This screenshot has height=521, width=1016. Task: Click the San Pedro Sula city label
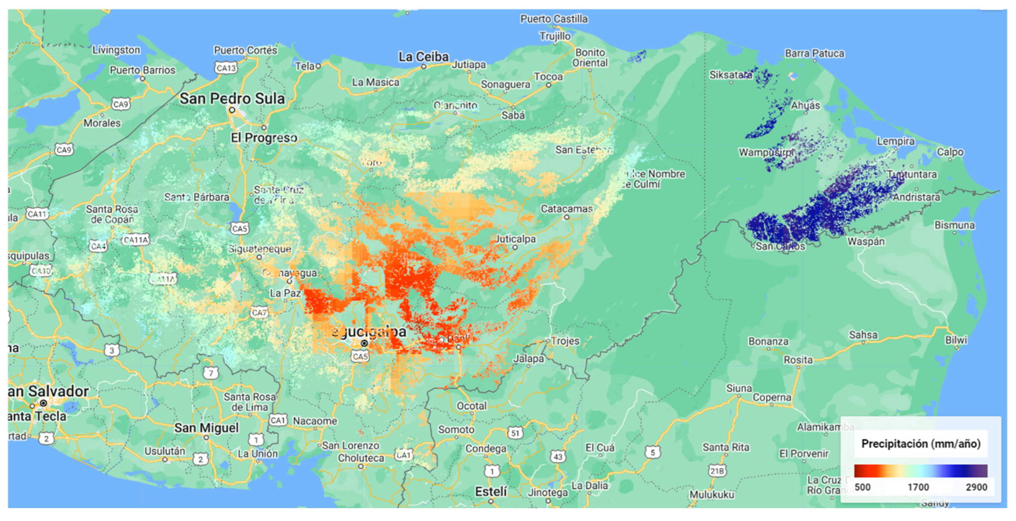(232, 98)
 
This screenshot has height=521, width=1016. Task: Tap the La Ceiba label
(423, 57)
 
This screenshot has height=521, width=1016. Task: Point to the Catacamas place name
(566, 208)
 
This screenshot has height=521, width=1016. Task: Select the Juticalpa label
(515, 239)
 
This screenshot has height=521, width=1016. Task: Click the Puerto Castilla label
(554, 19)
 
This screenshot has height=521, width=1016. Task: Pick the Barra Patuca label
(814, 53)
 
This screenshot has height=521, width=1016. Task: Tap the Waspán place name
(866, 241)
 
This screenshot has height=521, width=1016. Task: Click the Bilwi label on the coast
(956, 340)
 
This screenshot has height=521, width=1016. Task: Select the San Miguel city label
(207, 427)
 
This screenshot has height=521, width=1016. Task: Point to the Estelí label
(490, 491)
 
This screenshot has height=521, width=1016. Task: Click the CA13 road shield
(226, 68)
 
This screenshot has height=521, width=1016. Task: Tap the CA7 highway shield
(259, 313)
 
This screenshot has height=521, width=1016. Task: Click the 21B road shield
(717, 470)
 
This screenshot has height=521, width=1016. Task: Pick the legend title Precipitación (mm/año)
(920, 444)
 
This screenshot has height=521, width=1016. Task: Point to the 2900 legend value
(976, 487)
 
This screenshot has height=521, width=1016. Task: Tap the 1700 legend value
(918, 487)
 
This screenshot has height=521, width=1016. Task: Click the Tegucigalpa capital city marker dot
(364, 343)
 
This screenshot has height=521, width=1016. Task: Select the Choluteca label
(361, 458)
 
